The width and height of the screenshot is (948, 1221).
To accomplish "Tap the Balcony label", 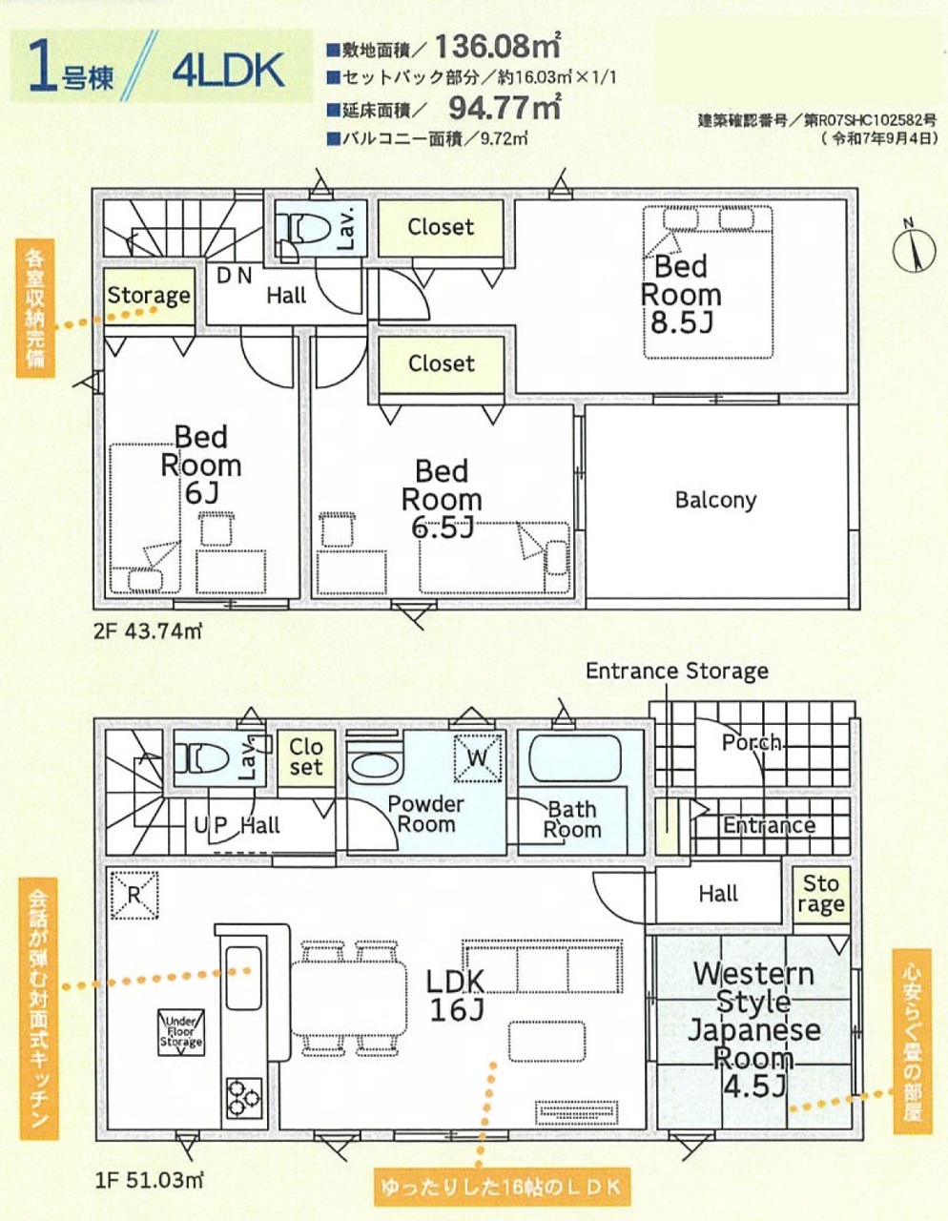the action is coord(715,500).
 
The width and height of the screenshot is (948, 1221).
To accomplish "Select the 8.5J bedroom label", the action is coord(681,295).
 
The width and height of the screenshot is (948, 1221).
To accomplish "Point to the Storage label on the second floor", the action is coord(149,296).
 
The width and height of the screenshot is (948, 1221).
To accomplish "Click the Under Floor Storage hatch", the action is coord(181,1032).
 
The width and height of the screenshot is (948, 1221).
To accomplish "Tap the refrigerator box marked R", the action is coord(134,895).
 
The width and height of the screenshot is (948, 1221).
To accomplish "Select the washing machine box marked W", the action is coord(477,758).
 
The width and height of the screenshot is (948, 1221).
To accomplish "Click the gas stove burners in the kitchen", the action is coord(244,1097).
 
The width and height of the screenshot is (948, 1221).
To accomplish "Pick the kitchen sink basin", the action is coord(243,979).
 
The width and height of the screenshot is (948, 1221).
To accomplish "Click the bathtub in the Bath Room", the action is coord(574,758).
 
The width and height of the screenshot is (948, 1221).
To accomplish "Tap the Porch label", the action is coord(751,743).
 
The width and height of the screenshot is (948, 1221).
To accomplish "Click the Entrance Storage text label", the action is coord(677,672).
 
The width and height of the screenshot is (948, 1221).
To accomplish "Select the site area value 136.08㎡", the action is coord(498,46).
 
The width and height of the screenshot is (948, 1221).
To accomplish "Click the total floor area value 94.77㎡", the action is coord(505,107).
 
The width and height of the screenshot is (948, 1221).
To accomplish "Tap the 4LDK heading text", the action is coord(228,71).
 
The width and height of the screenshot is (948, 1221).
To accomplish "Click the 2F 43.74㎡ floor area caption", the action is coord(147,631).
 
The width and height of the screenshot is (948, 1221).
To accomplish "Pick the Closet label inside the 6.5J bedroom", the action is coord(442,363).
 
